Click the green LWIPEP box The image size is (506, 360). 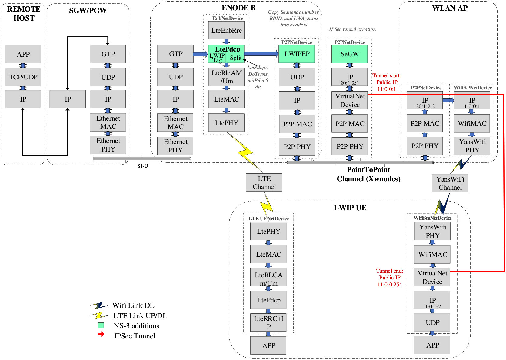(x=296, y=54)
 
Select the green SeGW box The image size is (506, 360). (x=349, y=54)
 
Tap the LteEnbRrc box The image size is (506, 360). (x=226, y=31)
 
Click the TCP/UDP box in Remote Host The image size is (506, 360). (x=23, y=77)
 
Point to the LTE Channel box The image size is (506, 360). (x=264, y=183)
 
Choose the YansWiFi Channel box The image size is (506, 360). (x=450, y=183)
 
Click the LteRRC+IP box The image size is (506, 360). (x=268, y=322)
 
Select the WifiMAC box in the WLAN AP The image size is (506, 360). (x=472, y=123)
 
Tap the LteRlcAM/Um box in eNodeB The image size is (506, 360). (x=226, y=77)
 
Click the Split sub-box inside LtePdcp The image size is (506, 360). (x=236, y=58)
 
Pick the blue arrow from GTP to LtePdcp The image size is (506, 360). (x=200, y=54)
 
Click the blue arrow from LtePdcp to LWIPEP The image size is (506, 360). (x=261, y=54)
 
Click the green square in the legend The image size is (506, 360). (x=101, y=325)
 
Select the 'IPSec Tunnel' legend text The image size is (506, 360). (x=135, y=336)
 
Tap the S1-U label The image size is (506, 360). (x=142, y=166)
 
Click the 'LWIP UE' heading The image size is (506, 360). (x=350, y=208)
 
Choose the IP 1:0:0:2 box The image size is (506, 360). (x=432, y=300)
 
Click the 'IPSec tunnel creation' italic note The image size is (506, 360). (x=352, y=29)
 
